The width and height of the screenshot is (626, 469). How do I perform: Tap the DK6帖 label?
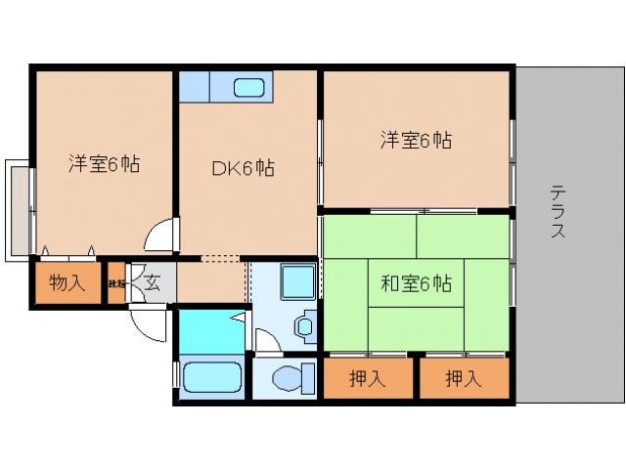pos(244,168)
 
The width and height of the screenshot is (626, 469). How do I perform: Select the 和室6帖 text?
pos(417,284)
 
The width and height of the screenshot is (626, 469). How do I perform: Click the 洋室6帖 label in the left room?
pos(104,163)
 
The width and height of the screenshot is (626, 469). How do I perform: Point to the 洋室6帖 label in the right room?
pos(417,140)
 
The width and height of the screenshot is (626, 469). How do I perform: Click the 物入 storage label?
pos(67,284)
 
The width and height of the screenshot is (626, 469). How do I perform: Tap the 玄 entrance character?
pos(154,284)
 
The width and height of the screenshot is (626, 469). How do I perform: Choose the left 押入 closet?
pos(368,378)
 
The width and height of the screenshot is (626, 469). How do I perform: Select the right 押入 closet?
pos(464,378)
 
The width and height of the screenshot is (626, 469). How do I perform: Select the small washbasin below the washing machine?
pos(305,325)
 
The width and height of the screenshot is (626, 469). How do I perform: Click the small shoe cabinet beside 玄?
pos(116,284)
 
